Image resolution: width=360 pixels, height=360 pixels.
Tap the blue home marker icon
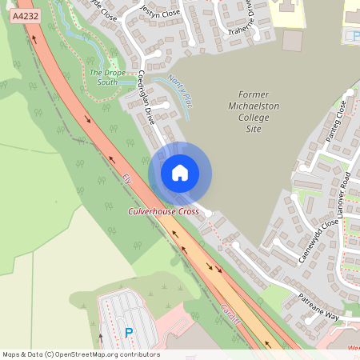coord(180,173)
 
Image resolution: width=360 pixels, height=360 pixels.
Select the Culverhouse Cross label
coord(164,211)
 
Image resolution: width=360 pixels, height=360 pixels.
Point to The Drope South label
coord(107,77)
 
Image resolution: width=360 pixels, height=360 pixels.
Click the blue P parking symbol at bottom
coord(129,332)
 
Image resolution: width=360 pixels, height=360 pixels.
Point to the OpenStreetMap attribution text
coord(80,354)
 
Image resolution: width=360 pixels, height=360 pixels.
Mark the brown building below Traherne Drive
coord(293,40)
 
